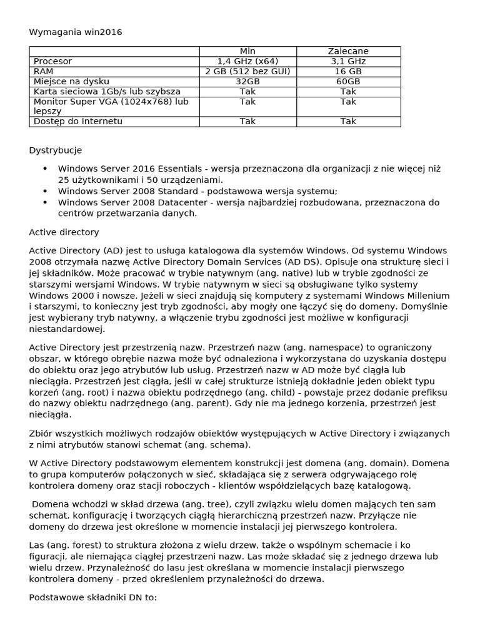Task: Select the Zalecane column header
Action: tap(348, 51)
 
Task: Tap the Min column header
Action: tap(247, 51)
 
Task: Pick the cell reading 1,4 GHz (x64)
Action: tap(247, 61)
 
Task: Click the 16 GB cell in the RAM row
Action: tap(348, 71)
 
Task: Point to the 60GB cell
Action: tap(348, 81)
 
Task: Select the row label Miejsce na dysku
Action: tap(71, 81)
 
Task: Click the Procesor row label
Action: tap(52, 61)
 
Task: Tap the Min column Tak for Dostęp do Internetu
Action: tap(247, 121)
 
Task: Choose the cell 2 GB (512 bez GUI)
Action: tap(247, 71)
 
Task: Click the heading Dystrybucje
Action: tap(56, 150)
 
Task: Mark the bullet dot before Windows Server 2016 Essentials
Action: tap(44, 168)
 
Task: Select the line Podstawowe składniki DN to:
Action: tap(92, 597)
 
